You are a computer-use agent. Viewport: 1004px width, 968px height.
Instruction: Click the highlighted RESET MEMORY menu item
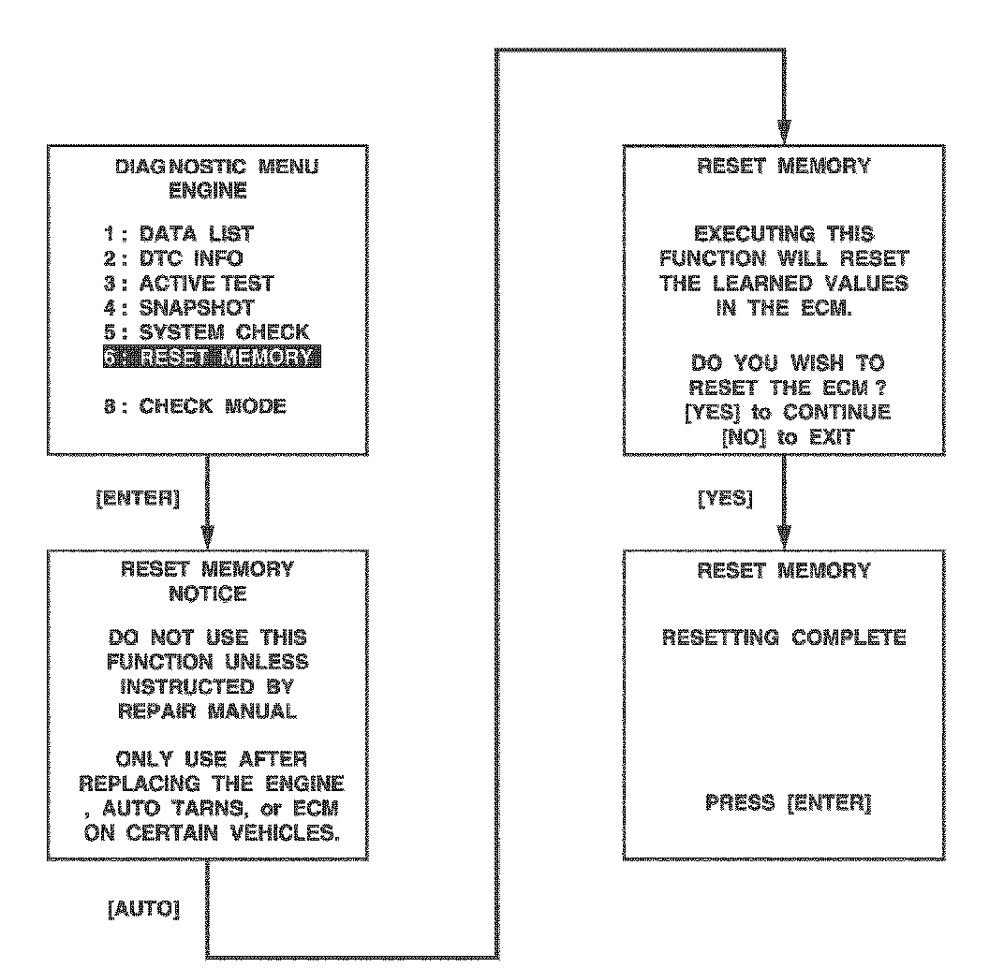(211, 358)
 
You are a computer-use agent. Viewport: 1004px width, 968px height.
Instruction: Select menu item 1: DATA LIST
(178, 234)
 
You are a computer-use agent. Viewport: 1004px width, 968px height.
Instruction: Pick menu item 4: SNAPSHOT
(179, 307)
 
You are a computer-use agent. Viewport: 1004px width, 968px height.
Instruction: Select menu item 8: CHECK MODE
(195, 407)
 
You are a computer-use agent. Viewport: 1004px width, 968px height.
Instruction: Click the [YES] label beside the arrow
(726, 500)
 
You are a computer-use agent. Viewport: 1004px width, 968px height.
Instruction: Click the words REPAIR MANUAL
(208, 711)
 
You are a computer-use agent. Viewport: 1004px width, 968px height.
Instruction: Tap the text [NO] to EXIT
(784, 436)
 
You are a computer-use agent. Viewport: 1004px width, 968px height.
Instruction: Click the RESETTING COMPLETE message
(784, 638)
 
